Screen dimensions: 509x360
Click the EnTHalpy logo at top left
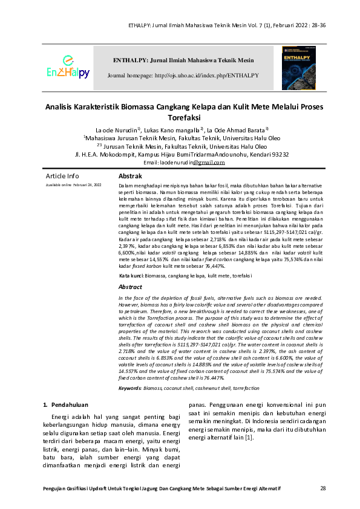[68, 68]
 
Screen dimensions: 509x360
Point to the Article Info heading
[62, 176]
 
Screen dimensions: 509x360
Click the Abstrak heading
[130, 175]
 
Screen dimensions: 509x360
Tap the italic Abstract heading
[130, 287]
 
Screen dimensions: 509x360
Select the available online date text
[74, 184]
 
